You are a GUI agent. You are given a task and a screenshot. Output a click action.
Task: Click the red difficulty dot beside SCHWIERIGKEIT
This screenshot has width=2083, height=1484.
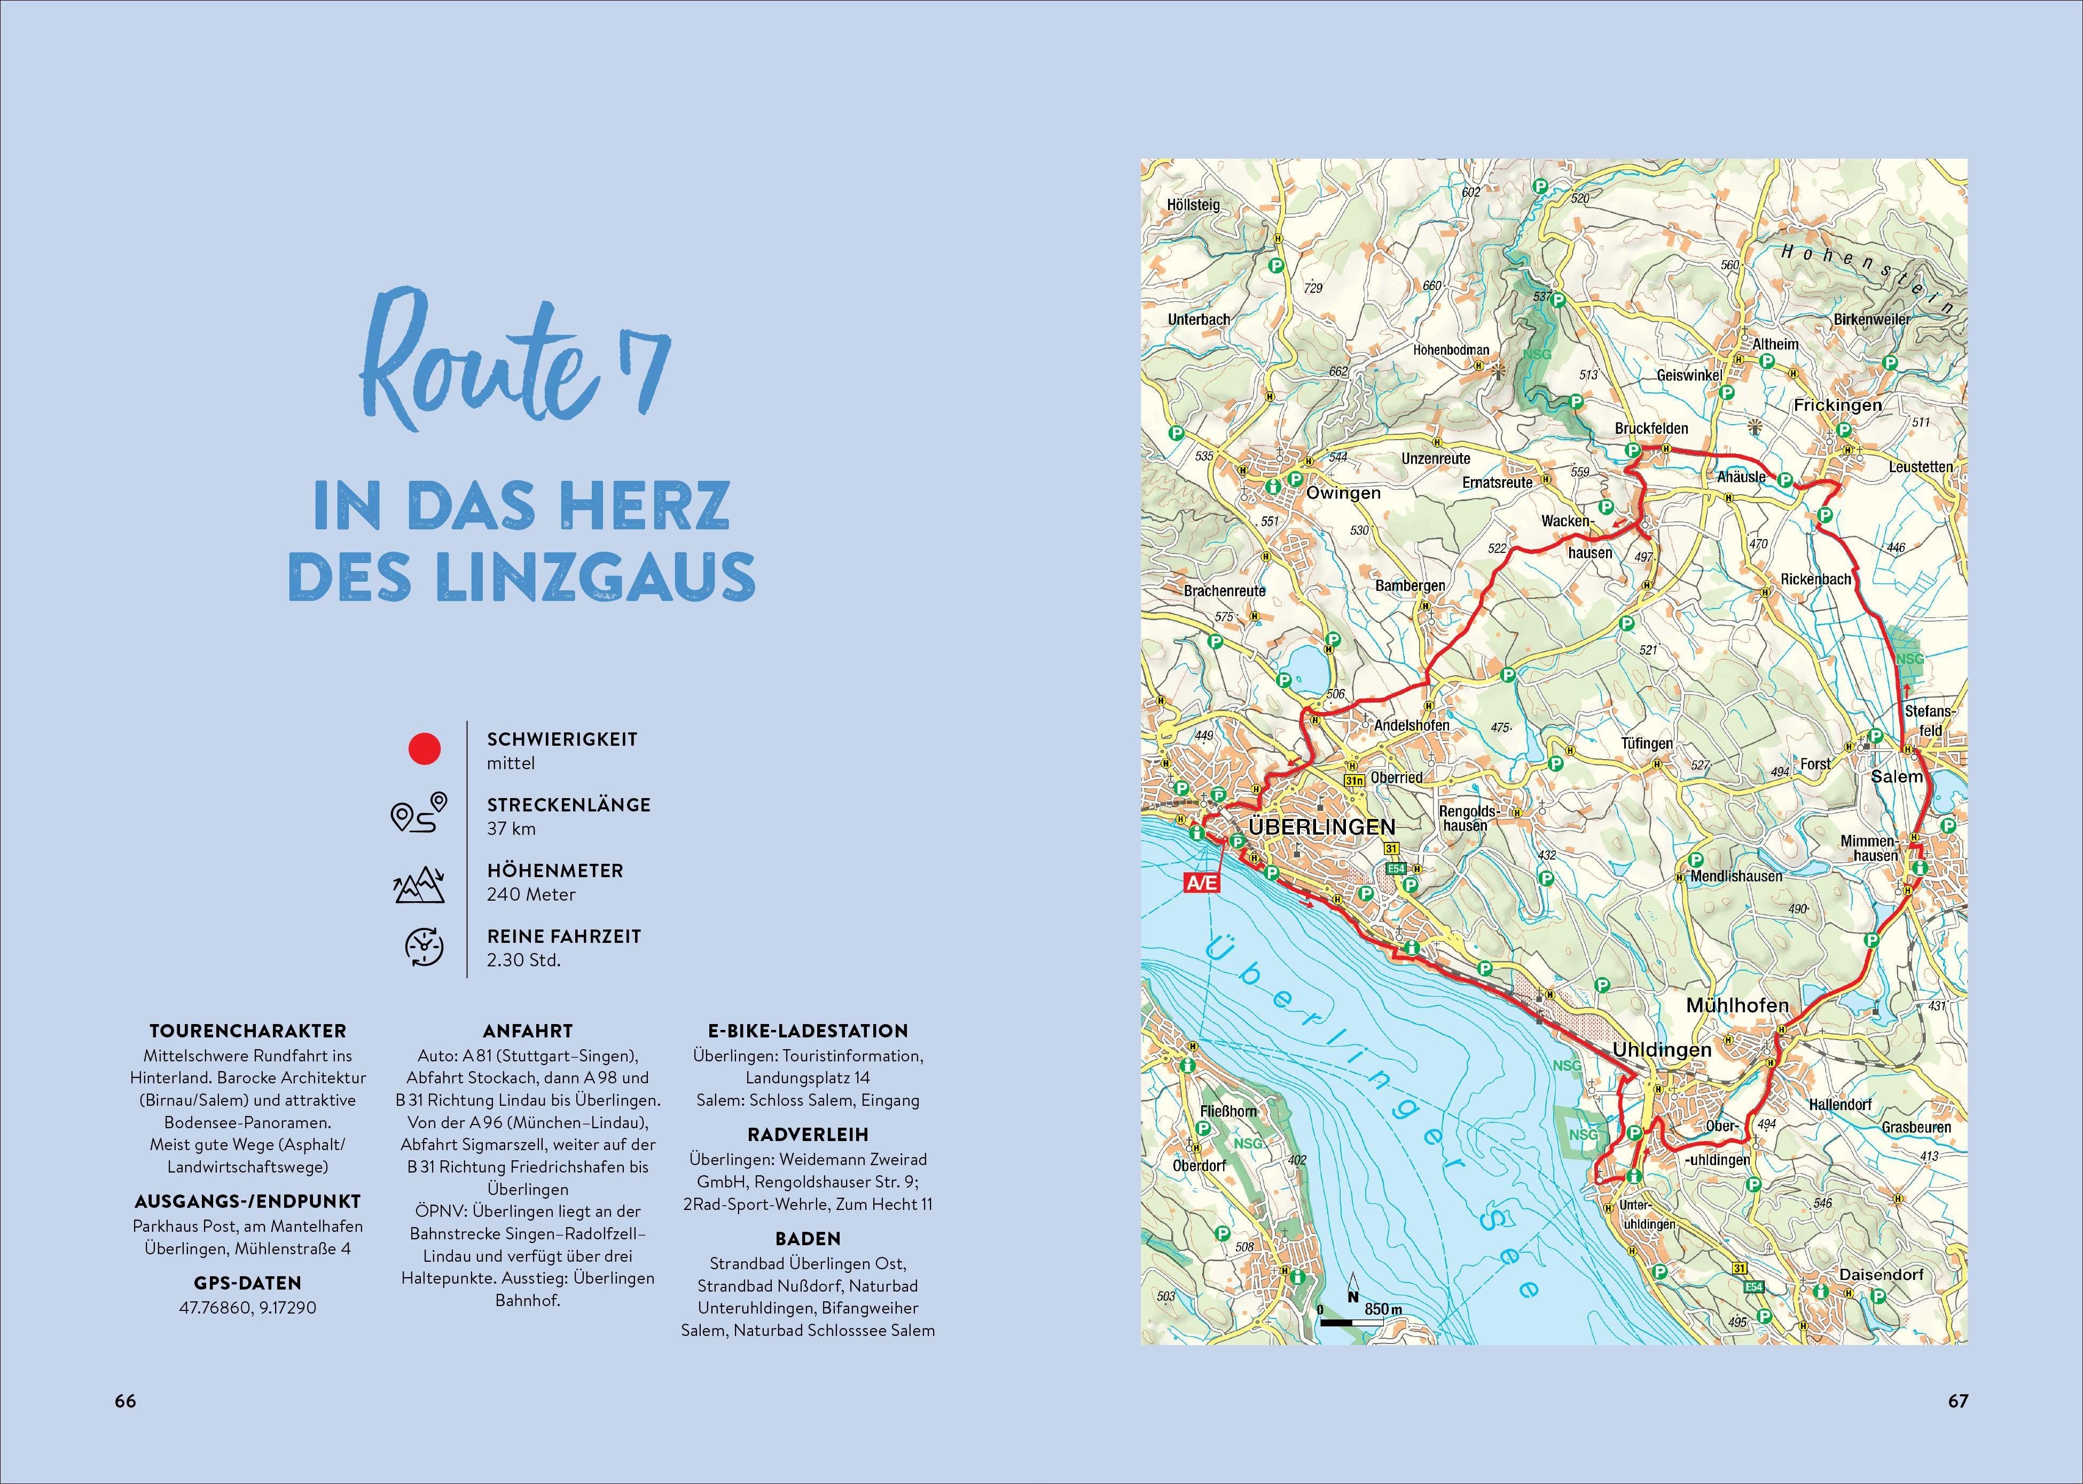pos(424,749)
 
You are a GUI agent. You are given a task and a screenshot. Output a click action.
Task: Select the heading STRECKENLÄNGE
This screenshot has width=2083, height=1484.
pos(568,805)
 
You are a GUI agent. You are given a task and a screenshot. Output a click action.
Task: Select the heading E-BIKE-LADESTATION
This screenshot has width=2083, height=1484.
pos(808,1031)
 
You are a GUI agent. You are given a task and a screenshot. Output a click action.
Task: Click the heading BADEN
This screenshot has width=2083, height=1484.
pos(808,1239)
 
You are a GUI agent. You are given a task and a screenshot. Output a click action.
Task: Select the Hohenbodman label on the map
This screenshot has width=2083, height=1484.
pos(1451,350)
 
